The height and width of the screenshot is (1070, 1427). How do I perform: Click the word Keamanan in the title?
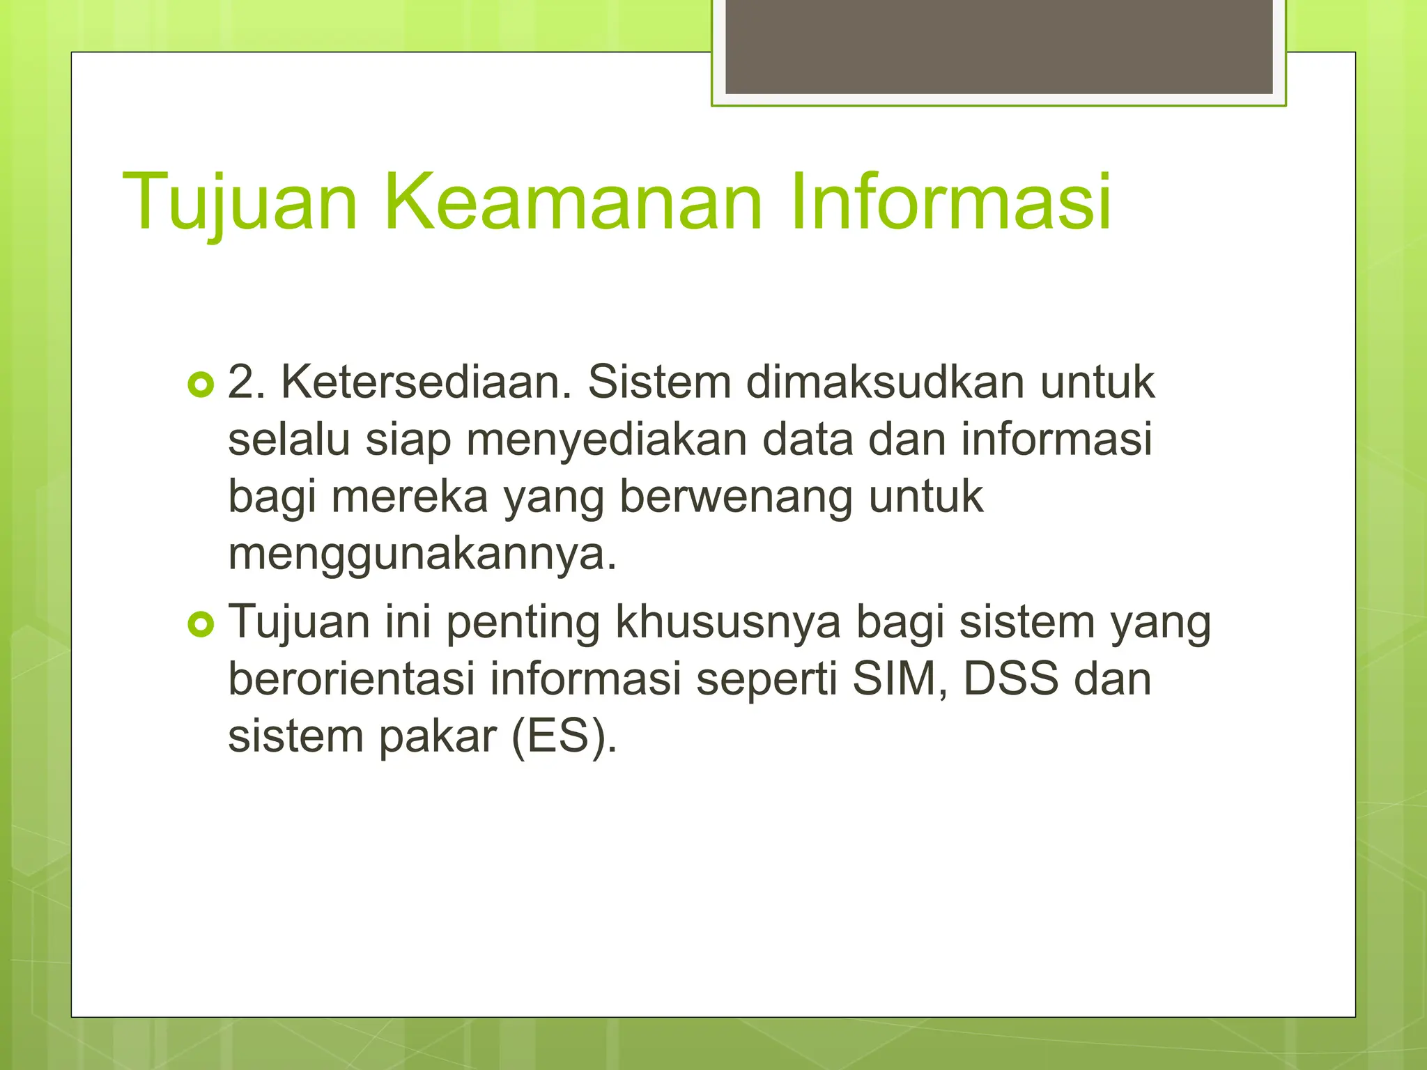573,202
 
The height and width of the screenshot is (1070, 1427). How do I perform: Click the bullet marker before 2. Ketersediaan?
201,385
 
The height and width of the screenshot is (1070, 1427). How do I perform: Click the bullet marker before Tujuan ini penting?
201,624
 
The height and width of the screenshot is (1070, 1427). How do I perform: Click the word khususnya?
727,623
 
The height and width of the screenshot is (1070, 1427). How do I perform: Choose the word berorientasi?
351,680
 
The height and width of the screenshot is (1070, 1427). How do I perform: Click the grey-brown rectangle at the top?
998,46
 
